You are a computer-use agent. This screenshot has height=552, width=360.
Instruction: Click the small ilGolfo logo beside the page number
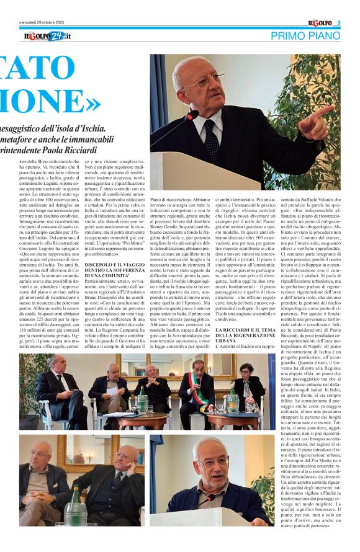click(320, 24)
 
